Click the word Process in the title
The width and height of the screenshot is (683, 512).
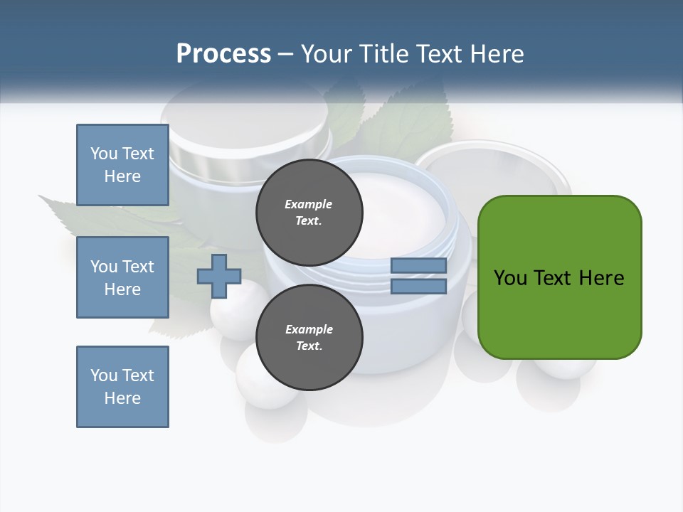(223, 53)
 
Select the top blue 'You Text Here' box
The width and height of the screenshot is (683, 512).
(122, 165)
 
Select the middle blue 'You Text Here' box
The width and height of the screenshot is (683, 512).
(122, 277)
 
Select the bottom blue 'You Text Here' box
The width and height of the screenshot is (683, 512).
(122, 386)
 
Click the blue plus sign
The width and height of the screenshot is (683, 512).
(219, 276)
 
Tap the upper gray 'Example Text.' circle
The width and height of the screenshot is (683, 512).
(309, 212)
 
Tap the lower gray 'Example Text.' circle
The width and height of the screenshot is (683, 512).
(309, 337)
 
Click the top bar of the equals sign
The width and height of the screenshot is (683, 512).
(418, 266)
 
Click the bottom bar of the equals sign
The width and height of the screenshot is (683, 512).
(418, 286)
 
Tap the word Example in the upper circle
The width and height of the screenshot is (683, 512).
(308, 204)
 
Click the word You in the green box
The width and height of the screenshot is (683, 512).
(511, 277)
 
